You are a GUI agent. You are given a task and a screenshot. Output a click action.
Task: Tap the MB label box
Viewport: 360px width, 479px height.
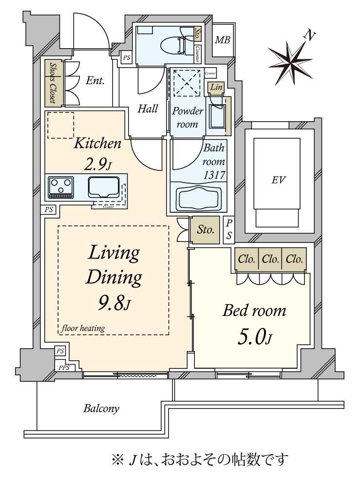[223, 40]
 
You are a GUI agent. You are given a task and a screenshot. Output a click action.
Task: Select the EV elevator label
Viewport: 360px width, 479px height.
[278, 180]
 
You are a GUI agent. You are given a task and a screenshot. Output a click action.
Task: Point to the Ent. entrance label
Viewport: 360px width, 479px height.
[95, 80]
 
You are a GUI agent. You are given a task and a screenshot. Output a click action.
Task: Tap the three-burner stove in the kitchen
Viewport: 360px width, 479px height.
[61, 187]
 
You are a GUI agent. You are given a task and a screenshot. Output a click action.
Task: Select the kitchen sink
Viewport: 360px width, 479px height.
[103, 187]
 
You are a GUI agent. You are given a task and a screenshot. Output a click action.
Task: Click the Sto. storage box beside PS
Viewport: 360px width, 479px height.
[205, 229]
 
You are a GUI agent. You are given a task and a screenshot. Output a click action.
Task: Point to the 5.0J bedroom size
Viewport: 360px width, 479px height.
[254, 336]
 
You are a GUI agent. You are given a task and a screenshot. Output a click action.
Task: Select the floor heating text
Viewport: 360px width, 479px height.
[83, 328]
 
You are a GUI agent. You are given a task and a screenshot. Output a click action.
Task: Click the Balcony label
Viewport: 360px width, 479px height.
[101, 408]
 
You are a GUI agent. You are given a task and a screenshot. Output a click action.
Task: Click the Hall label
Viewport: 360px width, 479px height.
[148, 108]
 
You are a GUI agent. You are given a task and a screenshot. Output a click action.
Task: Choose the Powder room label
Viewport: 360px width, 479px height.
[187, 117]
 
